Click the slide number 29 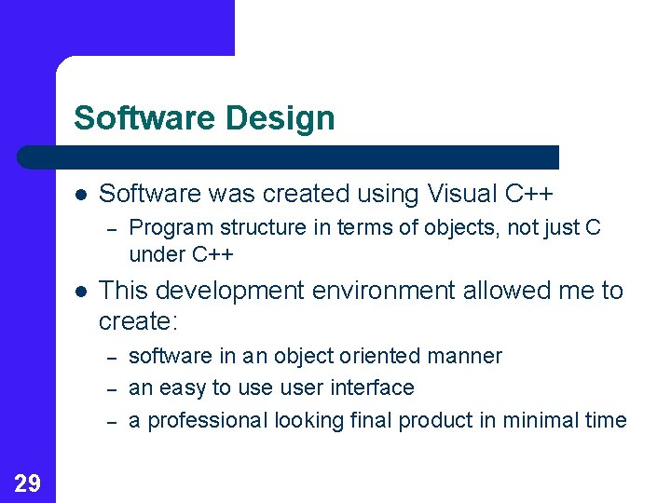[x=27, y=483]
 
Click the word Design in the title [x=280, y=118]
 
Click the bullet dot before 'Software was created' [x=81, y=195]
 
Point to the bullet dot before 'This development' [x=81, y=292]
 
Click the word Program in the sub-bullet [x=171, y=228]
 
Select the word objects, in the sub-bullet [x=461, y=228]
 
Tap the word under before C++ [x=157, y=254]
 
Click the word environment [x=383, y=290]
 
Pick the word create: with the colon [x=138, y=321]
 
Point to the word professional [x=208, y=421]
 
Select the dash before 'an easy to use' [x=112, y=390]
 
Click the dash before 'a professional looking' [x=112, y=423]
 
